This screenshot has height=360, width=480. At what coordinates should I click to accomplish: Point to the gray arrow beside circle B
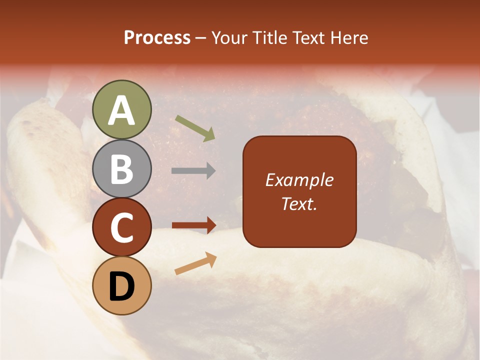pyautogui.click(x=193, y=171)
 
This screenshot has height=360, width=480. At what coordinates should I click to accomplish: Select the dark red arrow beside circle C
pyautogui.click(x=194, y=225)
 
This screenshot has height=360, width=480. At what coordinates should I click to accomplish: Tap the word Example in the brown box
pyautogui.click(x=299, y=180)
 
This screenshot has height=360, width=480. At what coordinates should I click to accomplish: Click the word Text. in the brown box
pyautogui.click(x=299, y=204)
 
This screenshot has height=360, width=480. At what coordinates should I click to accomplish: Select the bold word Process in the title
pyautogui.click(x=157, y=37)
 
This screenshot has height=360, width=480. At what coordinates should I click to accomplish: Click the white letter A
pyautogui.click(x=122, y=110)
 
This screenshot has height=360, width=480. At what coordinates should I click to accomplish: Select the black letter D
pyautogui.click(x=122, y=286)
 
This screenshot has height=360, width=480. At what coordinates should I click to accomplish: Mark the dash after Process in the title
pyautogui.click(x=200, y=38)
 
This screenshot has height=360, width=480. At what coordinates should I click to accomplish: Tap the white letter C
pyautogui.click(x=122, y=228)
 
